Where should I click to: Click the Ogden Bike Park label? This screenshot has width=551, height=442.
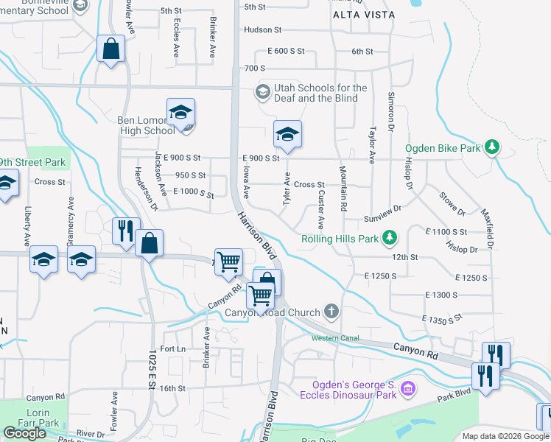click(442, 148)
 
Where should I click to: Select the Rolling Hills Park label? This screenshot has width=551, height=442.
click(339, 239)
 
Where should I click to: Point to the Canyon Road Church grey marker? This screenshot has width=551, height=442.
click(332, 312)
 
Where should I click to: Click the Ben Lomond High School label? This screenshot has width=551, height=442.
click(146, 125)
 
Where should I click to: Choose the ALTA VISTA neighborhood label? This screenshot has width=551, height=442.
click(364, 15)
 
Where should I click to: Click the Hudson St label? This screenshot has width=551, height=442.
click(262, 30)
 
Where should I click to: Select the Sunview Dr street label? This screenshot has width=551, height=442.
click(382, 219)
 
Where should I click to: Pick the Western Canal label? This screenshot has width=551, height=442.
click(332, 338)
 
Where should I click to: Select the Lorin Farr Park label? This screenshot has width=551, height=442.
click(43, 418)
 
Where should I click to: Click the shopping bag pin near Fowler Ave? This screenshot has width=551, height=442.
click(110, 49)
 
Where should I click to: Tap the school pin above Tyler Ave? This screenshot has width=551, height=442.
click(287, 134)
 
